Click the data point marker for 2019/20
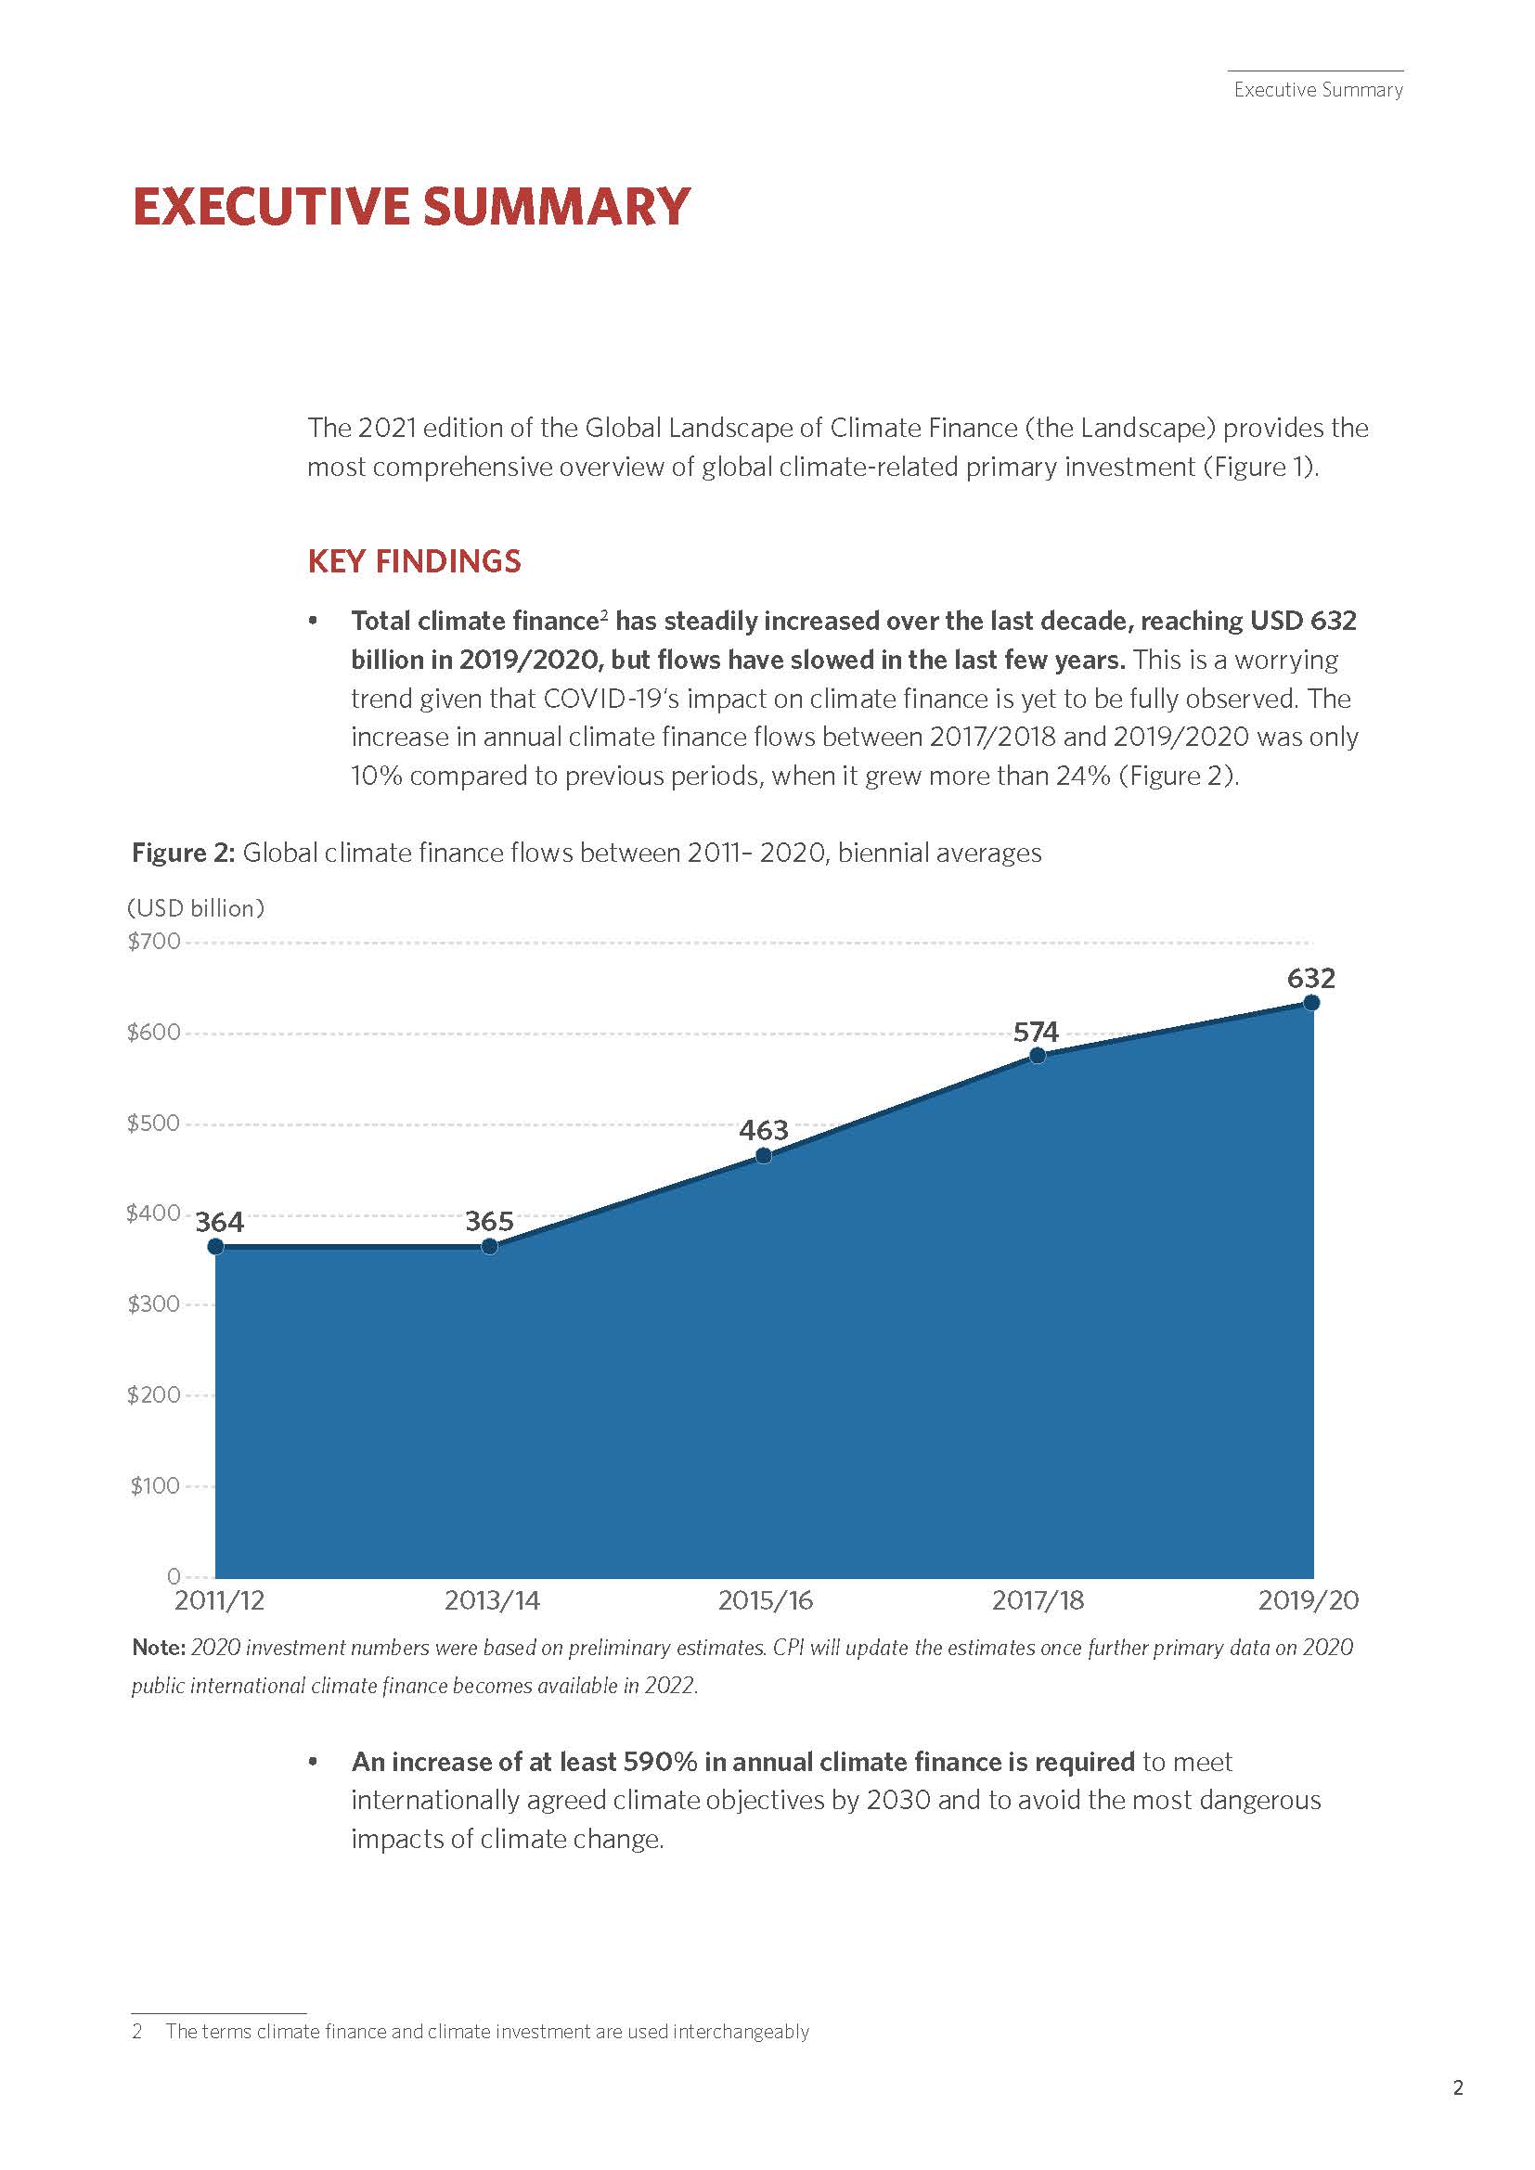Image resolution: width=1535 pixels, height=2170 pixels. (x=1311, y=1003)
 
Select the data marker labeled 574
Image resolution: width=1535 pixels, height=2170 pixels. (x=1037, y=1056)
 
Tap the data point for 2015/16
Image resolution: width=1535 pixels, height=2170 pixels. (x=764, y=1155)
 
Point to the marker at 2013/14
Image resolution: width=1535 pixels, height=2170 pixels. (x=490, y=1247)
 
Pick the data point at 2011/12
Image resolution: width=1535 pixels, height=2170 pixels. (x=215, y=1247)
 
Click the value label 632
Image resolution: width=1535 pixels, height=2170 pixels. (x=1311, y=978)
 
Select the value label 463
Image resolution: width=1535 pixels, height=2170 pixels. (x=764, y=1130)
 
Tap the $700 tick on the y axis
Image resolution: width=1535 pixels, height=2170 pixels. (x=154, y=942)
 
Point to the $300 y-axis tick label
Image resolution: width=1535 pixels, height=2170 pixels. (x=154, y=1304)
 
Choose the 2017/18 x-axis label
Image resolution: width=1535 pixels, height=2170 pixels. (x=1038, y=1600)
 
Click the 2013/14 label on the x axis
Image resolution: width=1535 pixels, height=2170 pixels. (x=492, y=1600)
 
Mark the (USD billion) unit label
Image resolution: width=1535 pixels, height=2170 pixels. (x=196, y=908)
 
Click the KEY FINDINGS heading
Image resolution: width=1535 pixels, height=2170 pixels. (x=414, y=561)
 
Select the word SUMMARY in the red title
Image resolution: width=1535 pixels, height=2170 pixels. (x=556, y=207)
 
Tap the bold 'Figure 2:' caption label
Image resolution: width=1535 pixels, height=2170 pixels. (x=183, y=853)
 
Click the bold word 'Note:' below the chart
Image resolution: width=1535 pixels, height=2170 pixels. (x=158, y=1648)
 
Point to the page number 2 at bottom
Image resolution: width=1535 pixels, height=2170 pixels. (x=1457, y=2087)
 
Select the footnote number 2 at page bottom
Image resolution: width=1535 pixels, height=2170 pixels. (x=137, y=2031)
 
